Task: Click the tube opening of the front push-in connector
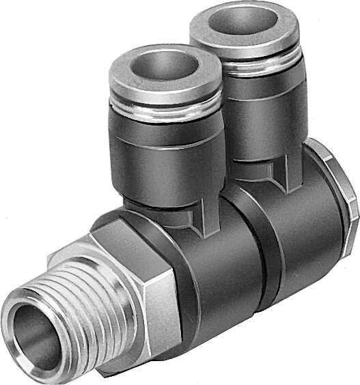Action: tap(166, 67)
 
